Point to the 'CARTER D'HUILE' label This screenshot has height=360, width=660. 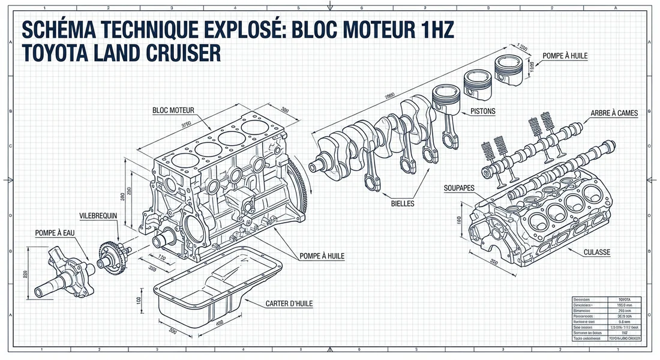pyautogui.click(x=289, y=304)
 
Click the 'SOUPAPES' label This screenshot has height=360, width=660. pyautogui.click(x=460, y=188)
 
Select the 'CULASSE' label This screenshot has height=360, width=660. pyautogui.click(x=596, y=253)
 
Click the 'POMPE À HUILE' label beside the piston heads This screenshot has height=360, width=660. pyautogui.click(x=565, y=56)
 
